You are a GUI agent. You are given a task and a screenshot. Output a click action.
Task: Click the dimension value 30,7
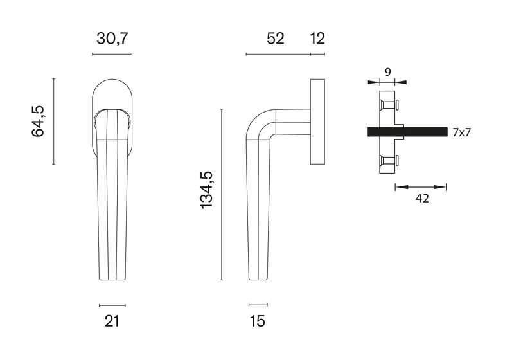click(112, 39)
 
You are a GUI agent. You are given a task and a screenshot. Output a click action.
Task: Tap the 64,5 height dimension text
click(38, 122)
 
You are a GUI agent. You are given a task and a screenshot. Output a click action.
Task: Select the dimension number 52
click(276, 39)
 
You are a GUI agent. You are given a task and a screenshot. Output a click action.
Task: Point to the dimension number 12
click(317, 39)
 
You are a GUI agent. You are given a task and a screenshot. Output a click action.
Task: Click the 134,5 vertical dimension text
click(206, 190)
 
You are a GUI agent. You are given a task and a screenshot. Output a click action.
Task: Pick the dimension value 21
click(112, 321)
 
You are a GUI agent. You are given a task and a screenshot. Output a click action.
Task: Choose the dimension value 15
click(258, 321)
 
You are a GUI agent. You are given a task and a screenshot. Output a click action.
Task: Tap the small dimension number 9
click(388, 72)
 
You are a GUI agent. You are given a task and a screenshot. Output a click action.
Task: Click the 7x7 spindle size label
click(461, 132)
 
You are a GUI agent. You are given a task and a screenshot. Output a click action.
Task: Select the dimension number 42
click(422, 198)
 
